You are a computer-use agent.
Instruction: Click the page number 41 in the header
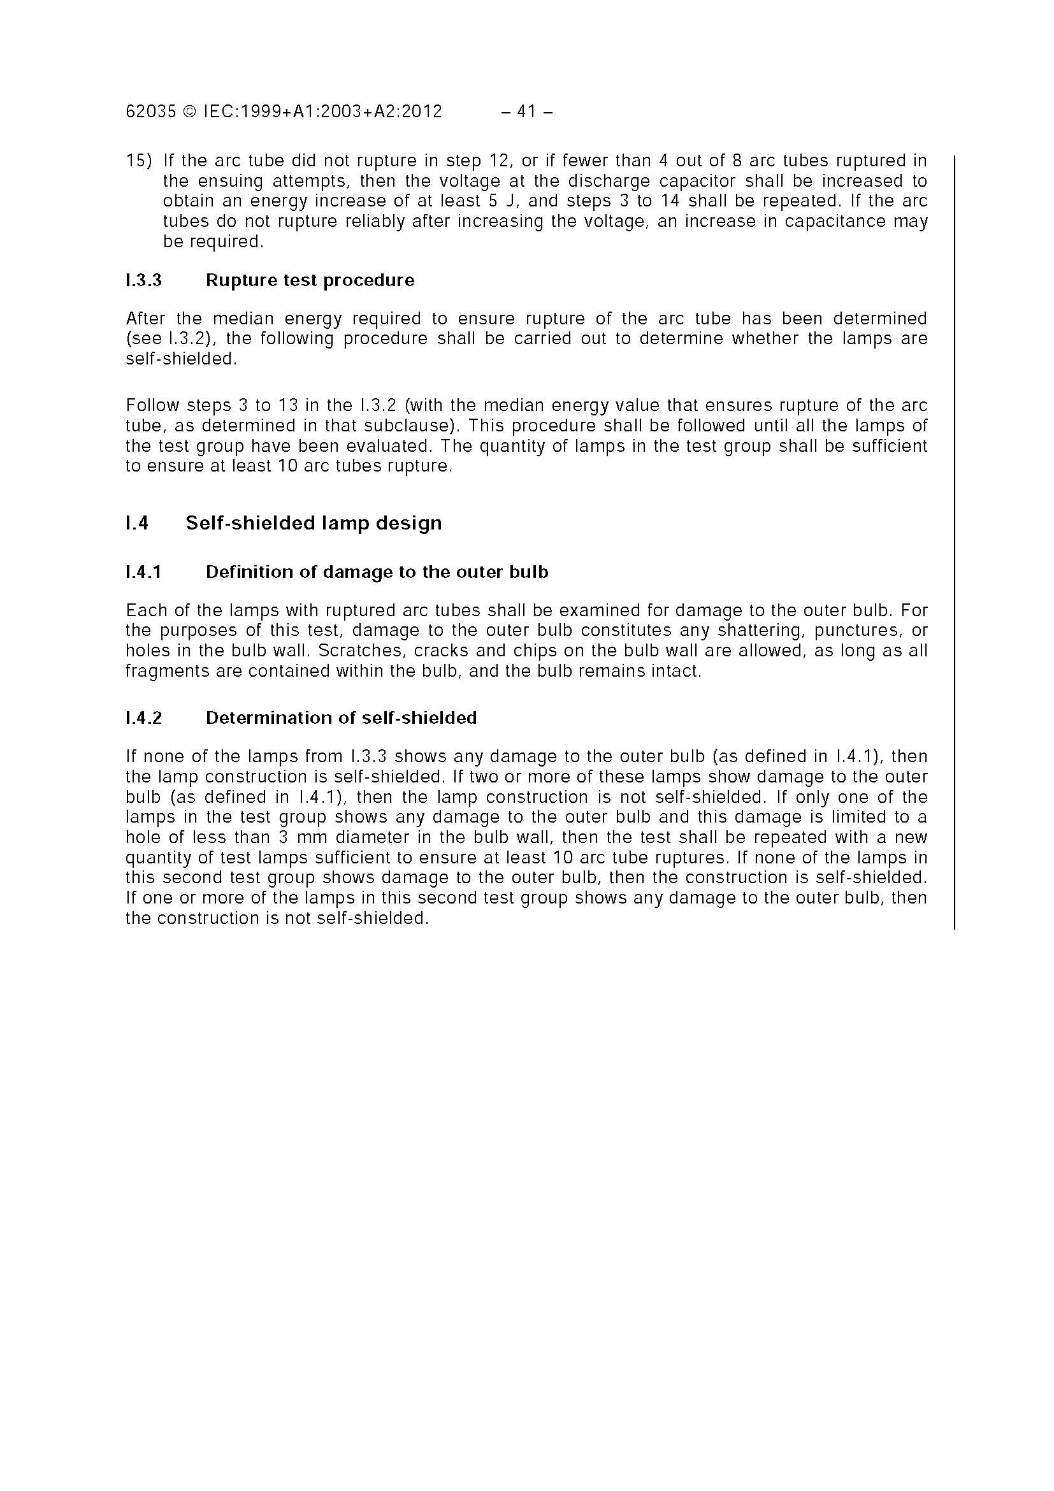(526, 112)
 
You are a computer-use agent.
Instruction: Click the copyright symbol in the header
(189, 112)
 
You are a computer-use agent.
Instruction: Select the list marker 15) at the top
(138, 161)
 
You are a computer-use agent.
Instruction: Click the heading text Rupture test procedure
(310, 280)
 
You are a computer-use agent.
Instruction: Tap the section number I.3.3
(143, 280)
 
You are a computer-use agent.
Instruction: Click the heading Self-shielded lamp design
(314, 522)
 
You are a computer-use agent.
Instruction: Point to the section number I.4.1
(143, 572)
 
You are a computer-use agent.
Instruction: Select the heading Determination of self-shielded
(341, 717)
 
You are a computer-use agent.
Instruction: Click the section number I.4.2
(143, 717)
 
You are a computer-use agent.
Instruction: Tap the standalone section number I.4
(136, 522)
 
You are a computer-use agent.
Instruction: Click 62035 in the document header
(150, 112)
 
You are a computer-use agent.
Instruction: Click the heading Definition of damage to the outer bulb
(377, 572)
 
